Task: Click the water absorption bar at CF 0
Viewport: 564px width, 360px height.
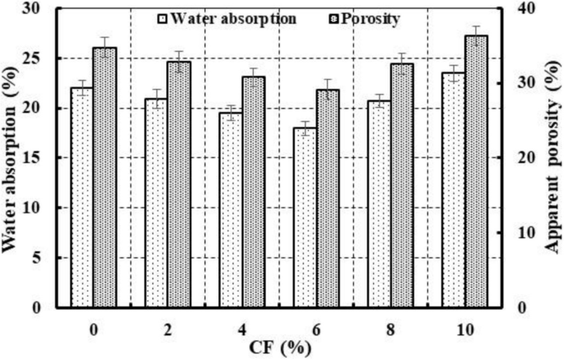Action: pos(82,198)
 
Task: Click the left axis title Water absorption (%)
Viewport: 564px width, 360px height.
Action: pos(14,158)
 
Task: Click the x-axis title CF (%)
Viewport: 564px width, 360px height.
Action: pos(279,348)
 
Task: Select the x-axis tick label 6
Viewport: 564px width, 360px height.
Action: pos(316,329)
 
